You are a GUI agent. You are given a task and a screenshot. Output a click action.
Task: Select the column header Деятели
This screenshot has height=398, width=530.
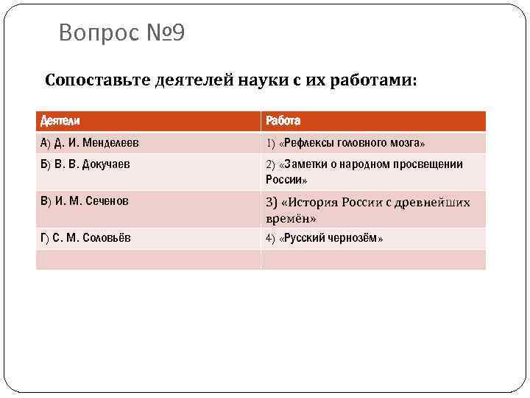click(x=60, y=121)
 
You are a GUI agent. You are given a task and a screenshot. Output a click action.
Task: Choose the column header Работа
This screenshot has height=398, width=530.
click(x=283, y=121)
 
